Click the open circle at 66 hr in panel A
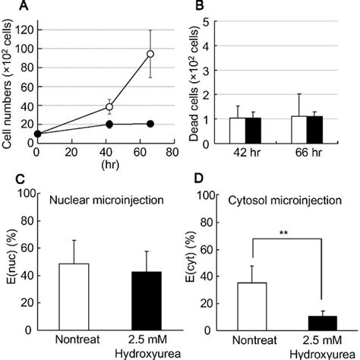[x=150, y=54]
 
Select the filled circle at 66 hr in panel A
[x=150, y=123]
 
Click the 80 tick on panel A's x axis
[x=172, y=151]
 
